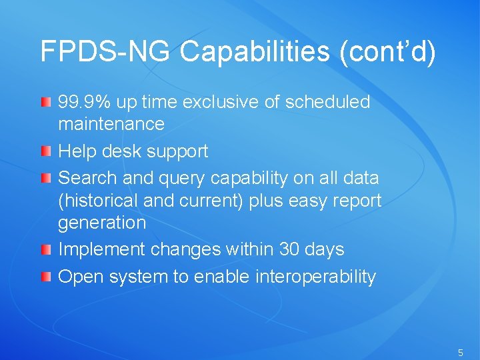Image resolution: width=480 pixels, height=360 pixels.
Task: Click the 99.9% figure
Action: pyautogui.click(x=85, y=102)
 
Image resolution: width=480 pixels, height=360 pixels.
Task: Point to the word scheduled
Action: pyautogui.click(x=327, y=102)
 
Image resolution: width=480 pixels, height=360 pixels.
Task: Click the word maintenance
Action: pyautogui.click(x=111, y=124)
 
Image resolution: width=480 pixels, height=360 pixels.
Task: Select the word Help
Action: pyautogui.click(x=77, y=151)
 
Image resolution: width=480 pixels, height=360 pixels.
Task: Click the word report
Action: pyautogui.click(x=359, y=201)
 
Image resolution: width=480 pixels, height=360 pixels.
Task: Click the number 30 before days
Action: pyautogui.click(x=289, y=249)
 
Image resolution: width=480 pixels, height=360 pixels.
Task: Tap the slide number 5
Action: pyautogui.click(x=460, y=351)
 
